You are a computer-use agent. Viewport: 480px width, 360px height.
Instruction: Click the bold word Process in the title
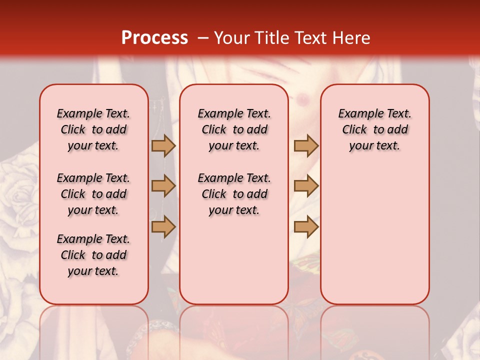[x=154, y=38]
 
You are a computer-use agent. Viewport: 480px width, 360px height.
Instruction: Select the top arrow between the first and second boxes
[x=163, y=145]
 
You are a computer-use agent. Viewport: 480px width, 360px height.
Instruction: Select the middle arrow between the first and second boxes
[x=163, y=186]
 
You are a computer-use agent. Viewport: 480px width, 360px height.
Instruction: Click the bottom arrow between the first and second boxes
[x=163, y=226]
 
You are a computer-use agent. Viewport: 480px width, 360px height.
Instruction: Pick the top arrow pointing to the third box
[x=306, y=145]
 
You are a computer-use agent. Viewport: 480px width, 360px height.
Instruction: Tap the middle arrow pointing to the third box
[x=306, y=186]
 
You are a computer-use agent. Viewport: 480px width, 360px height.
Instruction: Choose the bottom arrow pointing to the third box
[x=306, y=226]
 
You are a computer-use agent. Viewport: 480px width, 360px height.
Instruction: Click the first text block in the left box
[x=93, y=129]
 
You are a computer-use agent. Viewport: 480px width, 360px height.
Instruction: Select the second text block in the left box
[x=93, y=194]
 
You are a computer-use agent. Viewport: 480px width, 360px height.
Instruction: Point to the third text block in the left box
[x=93, y=255]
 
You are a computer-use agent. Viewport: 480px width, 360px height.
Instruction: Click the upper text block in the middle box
[x=234, y=129]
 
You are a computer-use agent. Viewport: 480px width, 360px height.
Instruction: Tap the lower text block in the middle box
[x=234, y=194]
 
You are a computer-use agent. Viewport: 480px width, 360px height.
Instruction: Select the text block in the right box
[x=374, y=129]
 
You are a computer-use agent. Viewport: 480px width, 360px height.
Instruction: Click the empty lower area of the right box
[x=374, y=240]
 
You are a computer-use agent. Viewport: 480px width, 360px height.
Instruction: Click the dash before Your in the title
[x=203, y=38]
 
